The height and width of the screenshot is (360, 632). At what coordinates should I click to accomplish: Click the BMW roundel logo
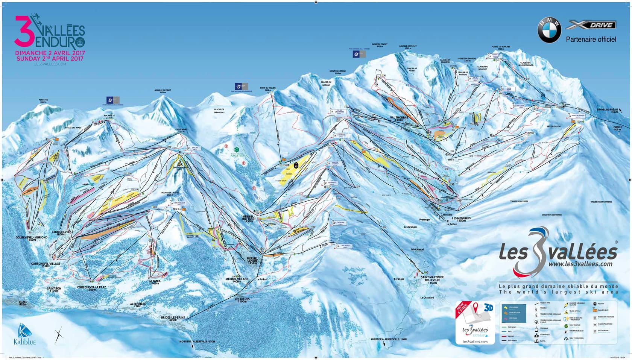tap(549, 30)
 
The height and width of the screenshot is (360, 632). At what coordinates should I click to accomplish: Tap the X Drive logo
tap(591, 25)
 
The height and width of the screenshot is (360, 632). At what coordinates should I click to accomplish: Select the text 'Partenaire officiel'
tap(591, 39)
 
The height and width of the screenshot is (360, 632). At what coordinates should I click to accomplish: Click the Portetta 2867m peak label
tap(44, 101)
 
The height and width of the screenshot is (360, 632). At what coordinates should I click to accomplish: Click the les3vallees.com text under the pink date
tap(50, 64)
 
